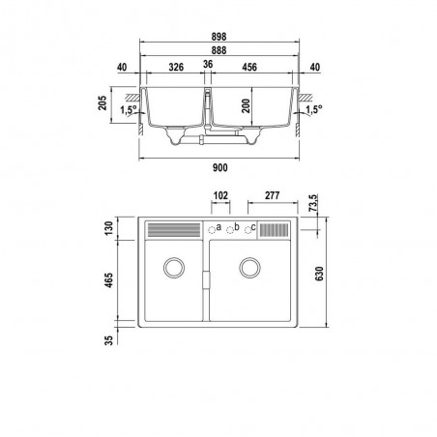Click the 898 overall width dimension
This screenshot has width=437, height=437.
point(218,37)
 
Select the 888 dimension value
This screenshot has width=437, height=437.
point(218,50)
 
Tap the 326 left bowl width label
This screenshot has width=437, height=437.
point(176,67)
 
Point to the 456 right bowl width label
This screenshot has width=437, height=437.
point(249,67)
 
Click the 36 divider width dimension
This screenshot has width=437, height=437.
point(208,64)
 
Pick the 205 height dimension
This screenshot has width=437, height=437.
point(102,103)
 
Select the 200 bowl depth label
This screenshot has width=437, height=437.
point(246,105)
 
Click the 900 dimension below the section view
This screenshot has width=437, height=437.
point(220,168)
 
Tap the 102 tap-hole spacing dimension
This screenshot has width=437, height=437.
point(220,195)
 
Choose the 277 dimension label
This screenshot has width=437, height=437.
point(273,195)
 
